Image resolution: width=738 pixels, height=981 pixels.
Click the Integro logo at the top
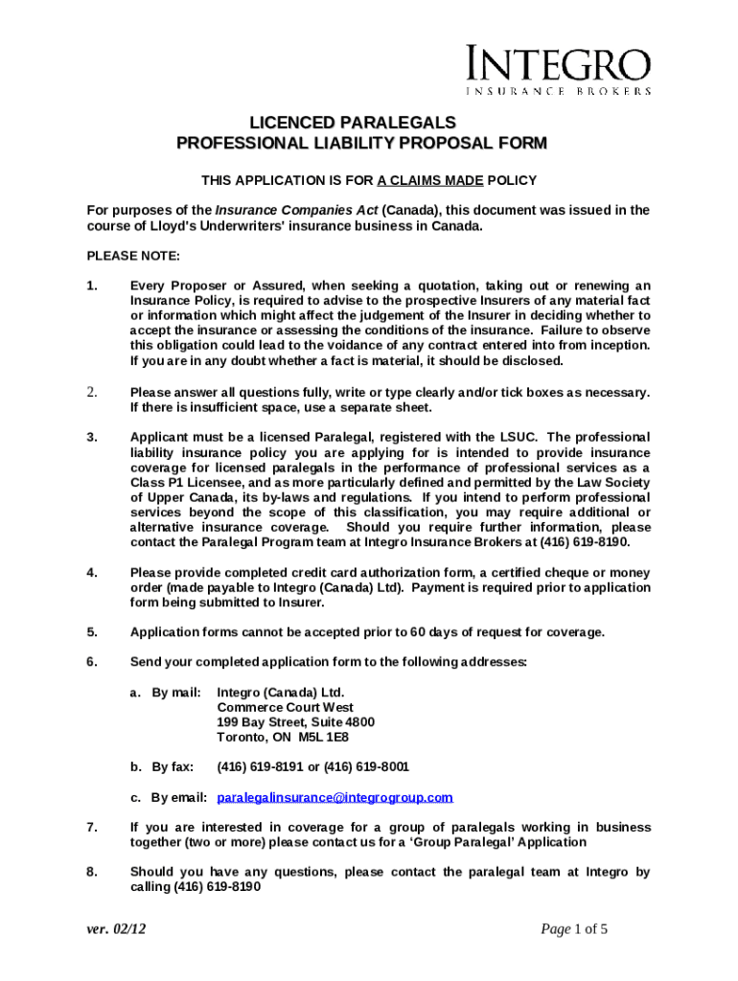click(x=559, y=70)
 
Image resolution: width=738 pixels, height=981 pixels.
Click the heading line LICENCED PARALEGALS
click(x=353, y=124)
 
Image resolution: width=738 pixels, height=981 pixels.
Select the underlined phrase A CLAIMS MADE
click(x=430, y=180)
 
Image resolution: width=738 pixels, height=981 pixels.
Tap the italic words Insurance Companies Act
click(x=296, y=210)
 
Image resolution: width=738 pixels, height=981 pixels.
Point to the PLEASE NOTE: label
click(x=127, y=256)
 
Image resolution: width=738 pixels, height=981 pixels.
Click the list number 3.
click(x=91, y=437)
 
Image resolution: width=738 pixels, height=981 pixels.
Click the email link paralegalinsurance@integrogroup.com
click(x=334, y=797)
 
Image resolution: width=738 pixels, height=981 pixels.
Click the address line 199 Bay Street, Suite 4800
click(x=295, y=721)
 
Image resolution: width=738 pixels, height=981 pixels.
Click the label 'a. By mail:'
click(x=165, y=692)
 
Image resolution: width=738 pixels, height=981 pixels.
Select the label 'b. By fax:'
click(x=162, y=766)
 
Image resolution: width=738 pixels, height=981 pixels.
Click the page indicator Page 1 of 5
click(x=574, y=928)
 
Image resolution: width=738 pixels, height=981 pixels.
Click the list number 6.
click(x=91, y=662)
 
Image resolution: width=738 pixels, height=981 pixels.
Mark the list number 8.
click(x=91, y=872)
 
